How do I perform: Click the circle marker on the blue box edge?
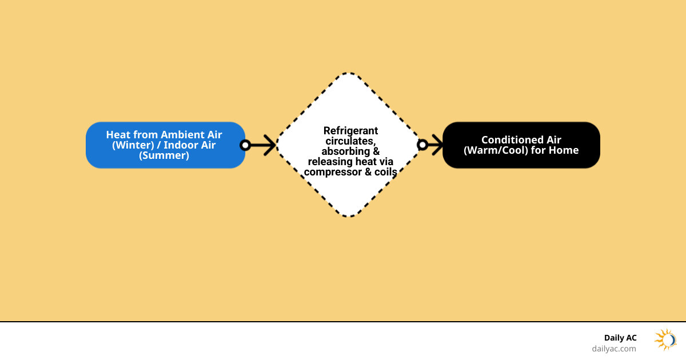coord(245,145)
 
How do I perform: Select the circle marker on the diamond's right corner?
coord(422,145)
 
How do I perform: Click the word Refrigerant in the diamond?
coord(350,131)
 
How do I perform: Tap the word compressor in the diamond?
coord(334,171)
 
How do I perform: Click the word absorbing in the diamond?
coord(344,151)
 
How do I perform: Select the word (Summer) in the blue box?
coord(164,155)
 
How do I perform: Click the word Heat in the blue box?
coord(118,135)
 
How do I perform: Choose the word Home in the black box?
coord(564,150)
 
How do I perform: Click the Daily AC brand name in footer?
coord(620,338)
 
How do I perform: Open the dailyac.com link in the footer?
coord(613,348)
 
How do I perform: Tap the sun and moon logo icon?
coord(665,339)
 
